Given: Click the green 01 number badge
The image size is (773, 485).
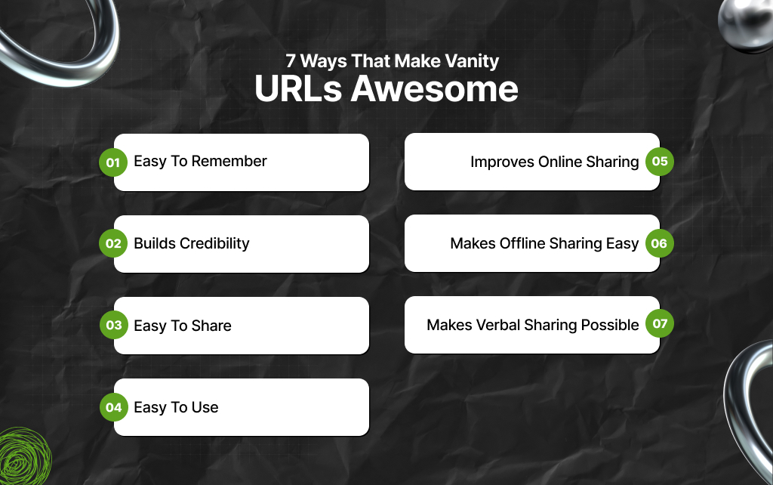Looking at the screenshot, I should tap(113, 162).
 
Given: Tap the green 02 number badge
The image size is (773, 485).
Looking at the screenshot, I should tap(113, 244).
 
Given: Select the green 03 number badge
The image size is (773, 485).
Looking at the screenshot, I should tap(113, 326).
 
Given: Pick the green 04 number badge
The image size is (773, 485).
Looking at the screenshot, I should tap(113, 407).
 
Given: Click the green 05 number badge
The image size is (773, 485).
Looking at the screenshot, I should tap(660, 162).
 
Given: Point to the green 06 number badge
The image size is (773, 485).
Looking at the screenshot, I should tap(660, 243).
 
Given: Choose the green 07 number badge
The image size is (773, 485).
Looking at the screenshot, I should tap(660, 325).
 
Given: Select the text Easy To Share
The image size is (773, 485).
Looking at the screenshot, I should tap(183, 326).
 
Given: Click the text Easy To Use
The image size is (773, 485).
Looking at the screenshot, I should tap(176, 407).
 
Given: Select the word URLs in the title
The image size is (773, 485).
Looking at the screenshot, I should tap(300, 89).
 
